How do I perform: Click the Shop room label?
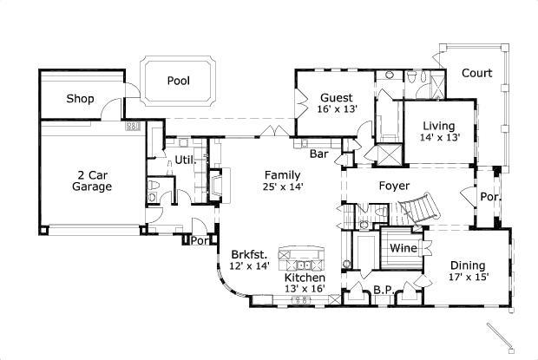80,99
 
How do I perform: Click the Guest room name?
336,97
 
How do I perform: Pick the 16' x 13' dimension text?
336,110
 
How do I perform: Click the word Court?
476,74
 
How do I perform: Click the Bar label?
319,154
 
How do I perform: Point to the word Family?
283,173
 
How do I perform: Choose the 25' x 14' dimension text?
283,186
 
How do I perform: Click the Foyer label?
395,185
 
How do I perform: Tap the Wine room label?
403,248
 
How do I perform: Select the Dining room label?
468,265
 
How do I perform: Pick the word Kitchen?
305,278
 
